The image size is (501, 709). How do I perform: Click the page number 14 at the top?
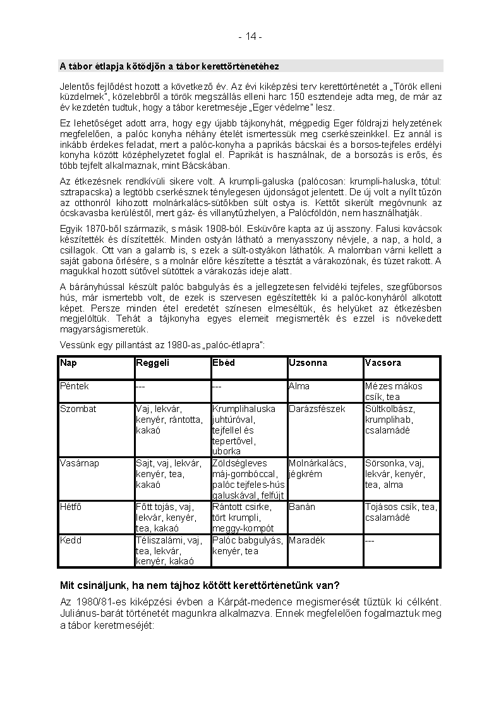point(250,37)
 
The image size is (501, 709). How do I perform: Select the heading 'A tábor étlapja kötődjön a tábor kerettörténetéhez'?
point(169,66)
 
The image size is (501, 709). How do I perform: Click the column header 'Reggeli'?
point(152,363)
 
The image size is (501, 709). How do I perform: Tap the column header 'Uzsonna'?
point(308,363)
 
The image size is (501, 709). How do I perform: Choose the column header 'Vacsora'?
point(383,363)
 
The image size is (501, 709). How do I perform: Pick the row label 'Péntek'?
point(75,386)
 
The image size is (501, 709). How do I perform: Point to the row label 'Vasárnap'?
point(79,463)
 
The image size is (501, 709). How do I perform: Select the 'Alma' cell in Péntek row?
point(299,386)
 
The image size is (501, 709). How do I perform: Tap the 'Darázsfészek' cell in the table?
point(317,409)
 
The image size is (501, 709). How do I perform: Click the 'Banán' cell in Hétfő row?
point(301,507)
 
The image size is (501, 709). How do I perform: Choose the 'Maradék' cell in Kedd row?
point(307,540)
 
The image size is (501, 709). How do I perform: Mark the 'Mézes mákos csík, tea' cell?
point(394,391)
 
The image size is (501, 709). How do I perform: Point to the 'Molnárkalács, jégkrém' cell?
point(317,468)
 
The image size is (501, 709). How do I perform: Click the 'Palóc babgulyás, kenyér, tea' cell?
point(248,545)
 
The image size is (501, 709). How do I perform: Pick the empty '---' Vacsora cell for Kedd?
point(370,540)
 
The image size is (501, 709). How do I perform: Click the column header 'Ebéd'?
point(224,363)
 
